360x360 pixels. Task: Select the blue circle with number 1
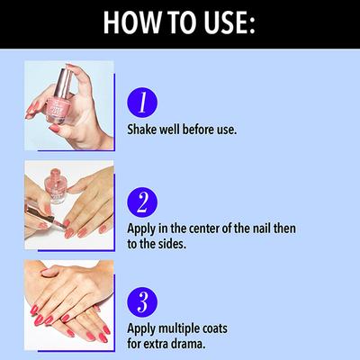click(x=142, y=103)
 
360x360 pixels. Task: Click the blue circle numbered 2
click(x=142, y=202)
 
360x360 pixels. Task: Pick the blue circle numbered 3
click(x=142, y=302)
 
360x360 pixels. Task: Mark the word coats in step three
click(x=214, y=329)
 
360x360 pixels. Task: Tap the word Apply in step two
click(x=142, y=229)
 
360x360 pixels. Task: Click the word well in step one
click(x=169, y=130)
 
